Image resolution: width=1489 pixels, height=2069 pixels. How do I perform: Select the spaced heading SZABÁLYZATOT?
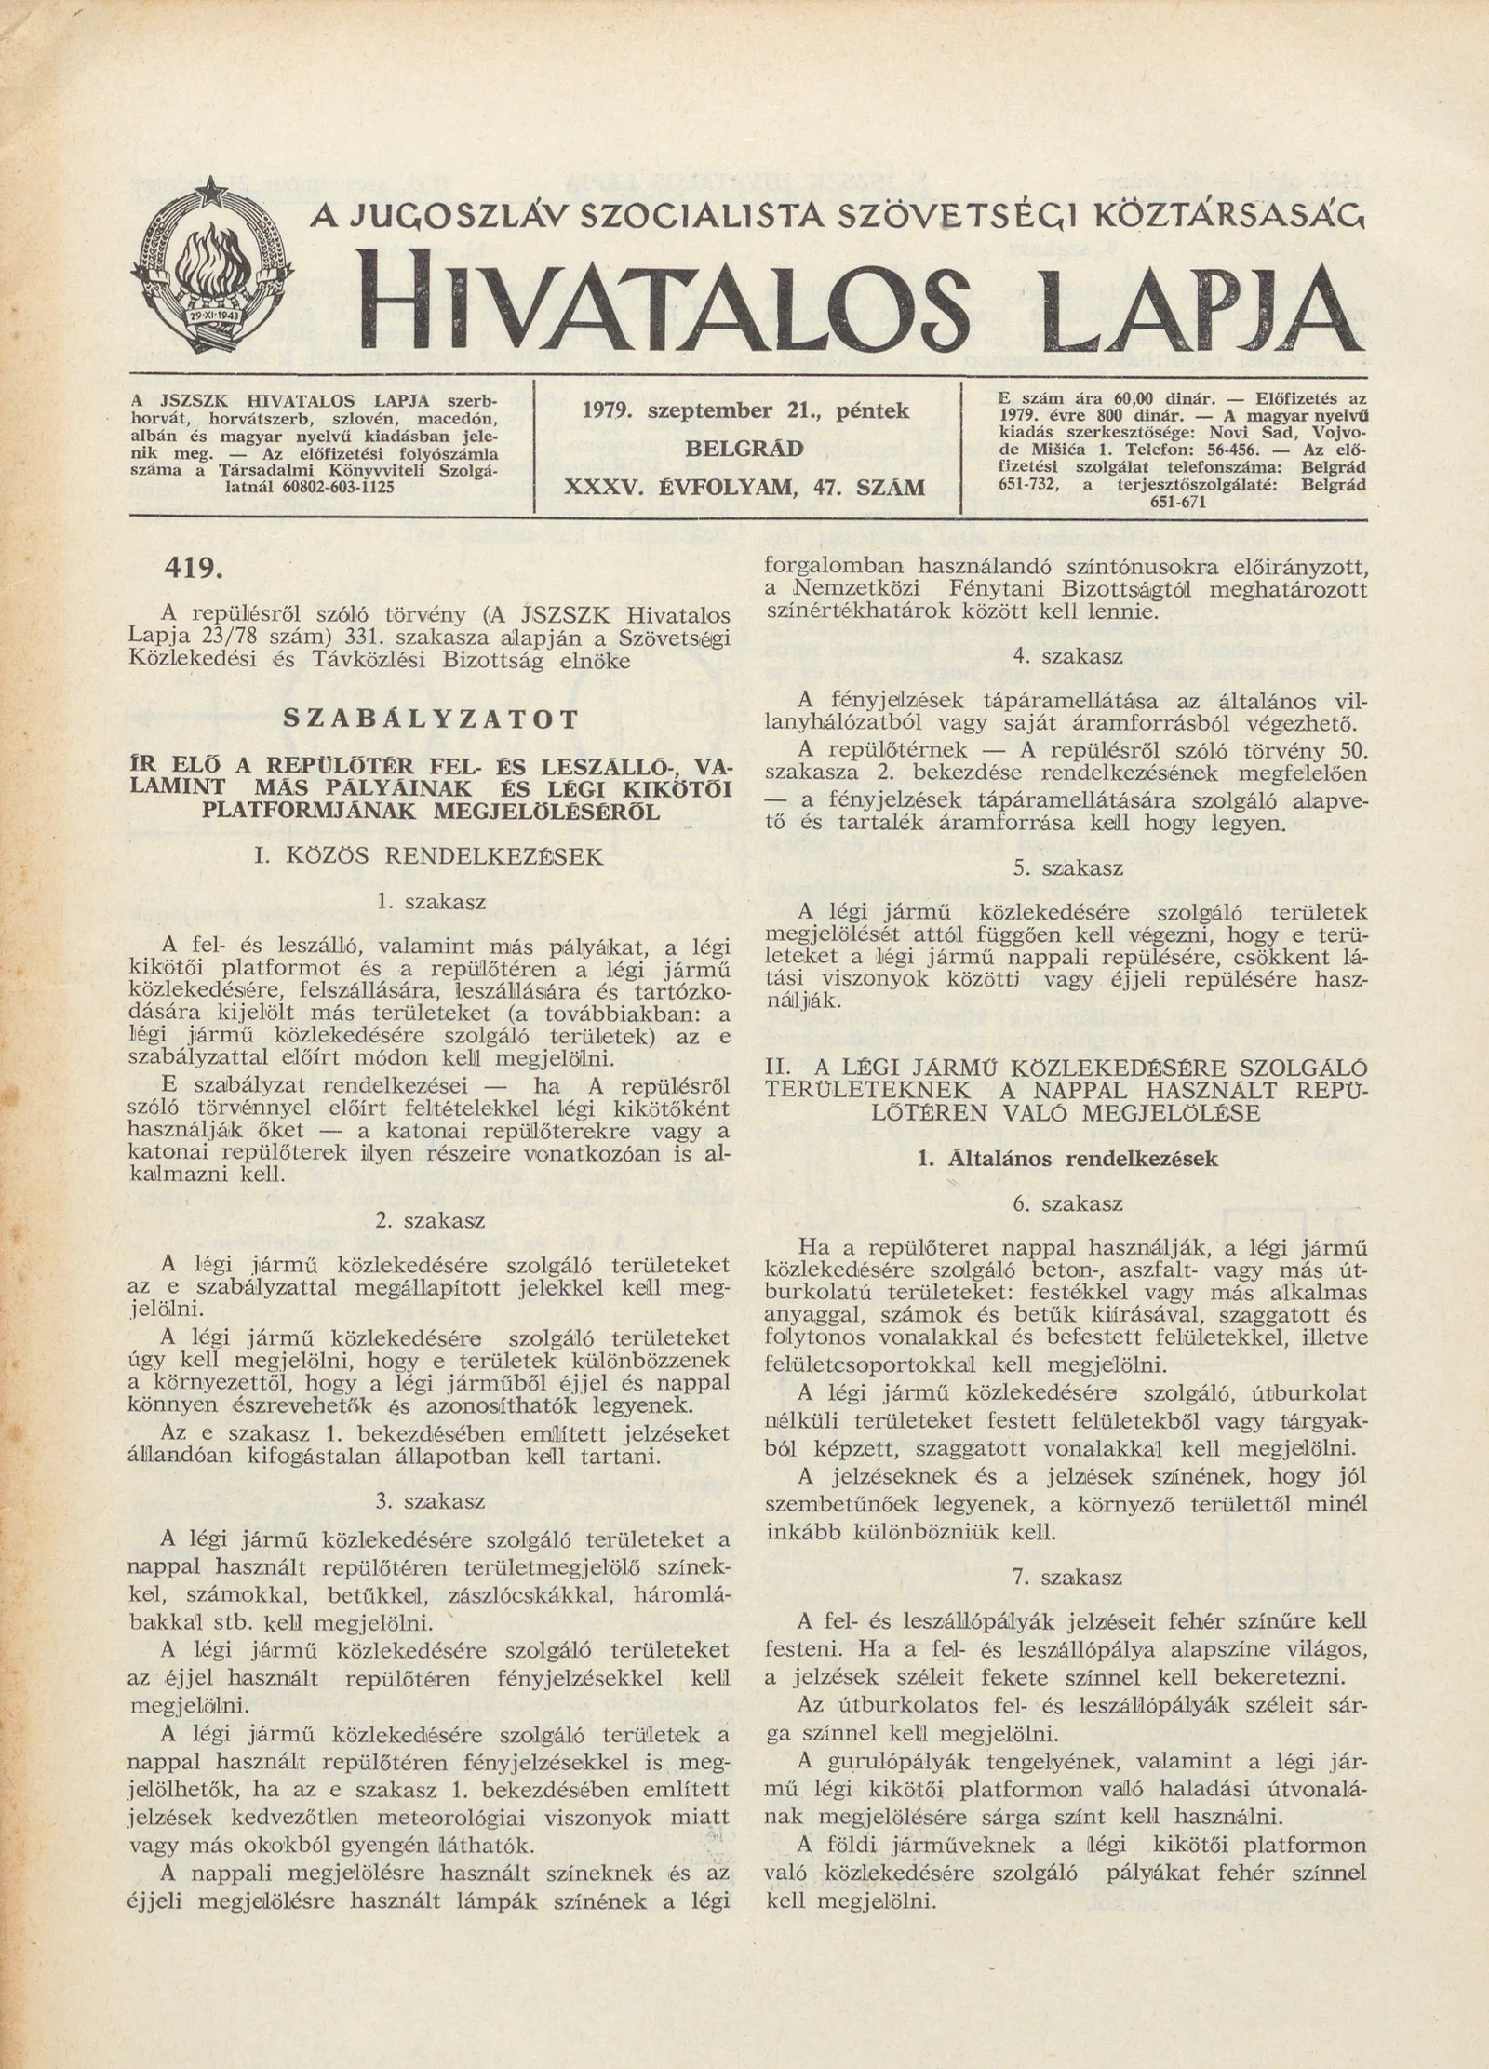point(429,720)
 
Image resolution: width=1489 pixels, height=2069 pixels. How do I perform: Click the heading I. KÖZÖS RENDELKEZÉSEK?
point(429,857)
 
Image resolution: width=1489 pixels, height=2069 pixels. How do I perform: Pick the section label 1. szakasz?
point(429,902)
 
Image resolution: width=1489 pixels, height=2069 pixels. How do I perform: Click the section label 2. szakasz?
point(429,1219)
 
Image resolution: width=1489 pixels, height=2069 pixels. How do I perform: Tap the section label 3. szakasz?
point(429,1500)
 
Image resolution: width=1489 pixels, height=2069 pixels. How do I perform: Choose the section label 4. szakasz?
point(1066,657)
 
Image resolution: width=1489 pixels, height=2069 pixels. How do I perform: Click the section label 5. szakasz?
point(1066,867)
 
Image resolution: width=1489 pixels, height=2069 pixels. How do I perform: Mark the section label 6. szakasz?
point(1066,1203)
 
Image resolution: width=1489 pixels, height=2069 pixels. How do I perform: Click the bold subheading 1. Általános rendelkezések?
point(1066,1159)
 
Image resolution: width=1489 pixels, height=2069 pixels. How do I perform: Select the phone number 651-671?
point(1178,503)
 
